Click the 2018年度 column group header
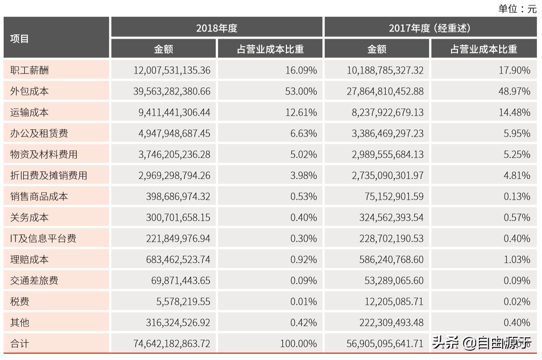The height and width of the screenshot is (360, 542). click(x=217, y=28)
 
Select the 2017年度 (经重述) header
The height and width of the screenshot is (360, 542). click(x=430, y=28)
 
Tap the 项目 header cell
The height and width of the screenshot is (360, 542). click(x=20, y=39)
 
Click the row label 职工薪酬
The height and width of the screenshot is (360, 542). click(x=30, y=70)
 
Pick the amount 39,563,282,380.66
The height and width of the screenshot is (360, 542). click(x=172, y=91)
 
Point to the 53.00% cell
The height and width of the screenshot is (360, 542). click(x=301, y=91)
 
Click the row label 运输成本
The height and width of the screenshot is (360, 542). click(x=30, y=112)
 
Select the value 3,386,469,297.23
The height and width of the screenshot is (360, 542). click(x=388, y=133)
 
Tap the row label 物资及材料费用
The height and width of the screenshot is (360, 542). click(x=44, y=154)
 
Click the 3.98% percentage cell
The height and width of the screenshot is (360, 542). click(x=304, y=175)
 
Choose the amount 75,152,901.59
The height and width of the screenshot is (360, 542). click(x=394, y=196)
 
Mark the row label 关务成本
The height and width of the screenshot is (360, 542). click(x=30, y=217)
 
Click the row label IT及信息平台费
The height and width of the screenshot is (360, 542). click(x=43, y=238)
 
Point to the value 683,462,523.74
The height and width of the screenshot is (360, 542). click(x=178, y=259)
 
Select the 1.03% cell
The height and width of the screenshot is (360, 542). click(x=517, y=259)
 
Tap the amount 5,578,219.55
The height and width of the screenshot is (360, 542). click(x=183, y=301)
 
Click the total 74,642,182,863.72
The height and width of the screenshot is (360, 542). click(x=172, y=343)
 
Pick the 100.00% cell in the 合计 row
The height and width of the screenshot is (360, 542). click(x=298, y=343)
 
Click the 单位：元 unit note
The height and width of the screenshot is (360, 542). click(x=517, y=9)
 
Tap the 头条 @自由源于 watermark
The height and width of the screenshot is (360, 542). click(x=482, y=343)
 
